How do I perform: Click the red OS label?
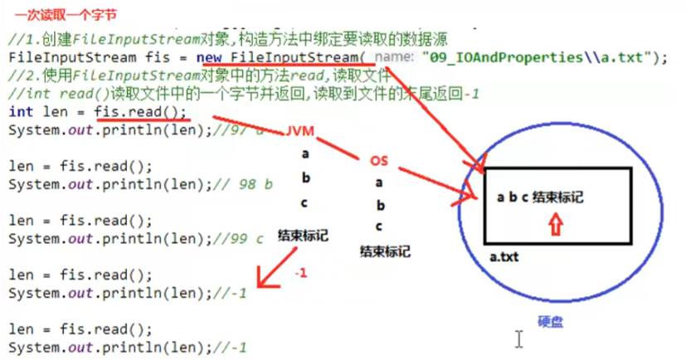click(x=377, y=160)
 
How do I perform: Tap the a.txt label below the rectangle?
click(x=504, y=258)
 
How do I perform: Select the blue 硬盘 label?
click(x=551, y=323)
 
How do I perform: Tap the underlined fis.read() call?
click(x=140, y=111)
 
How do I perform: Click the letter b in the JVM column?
click(x=306, y=178)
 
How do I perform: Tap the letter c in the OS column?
click(x=379, y=226)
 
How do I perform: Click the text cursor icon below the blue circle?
click(x=519, y=338)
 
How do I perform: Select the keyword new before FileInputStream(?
click(x=211, y=56)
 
